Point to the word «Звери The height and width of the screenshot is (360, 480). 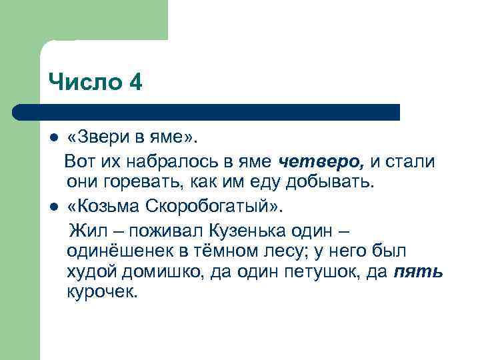click(x=97, y=137)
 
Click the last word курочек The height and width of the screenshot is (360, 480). click(x=101, y=293)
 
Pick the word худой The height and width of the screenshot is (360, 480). click(x=89, y=273)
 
